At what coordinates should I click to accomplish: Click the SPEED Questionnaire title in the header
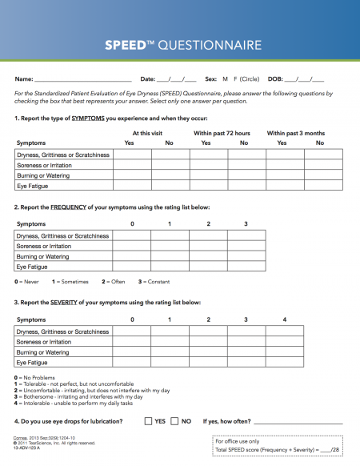pyautogui.click(x=180, y=46)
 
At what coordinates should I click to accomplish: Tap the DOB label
pyautogui.click(x=275, y=79)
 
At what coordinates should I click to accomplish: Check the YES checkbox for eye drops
pyautogui.click(x=149, y=420)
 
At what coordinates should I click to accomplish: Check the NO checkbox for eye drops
pyautogui.click(x=175, y=420)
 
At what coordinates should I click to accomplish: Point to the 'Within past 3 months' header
pyautogui.click(x=296, y=133)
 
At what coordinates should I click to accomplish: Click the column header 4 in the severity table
pyautogui.click(x=285, y=320)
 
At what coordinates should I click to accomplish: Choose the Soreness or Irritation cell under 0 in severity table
pyautogui.click(x=132, y=342)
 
